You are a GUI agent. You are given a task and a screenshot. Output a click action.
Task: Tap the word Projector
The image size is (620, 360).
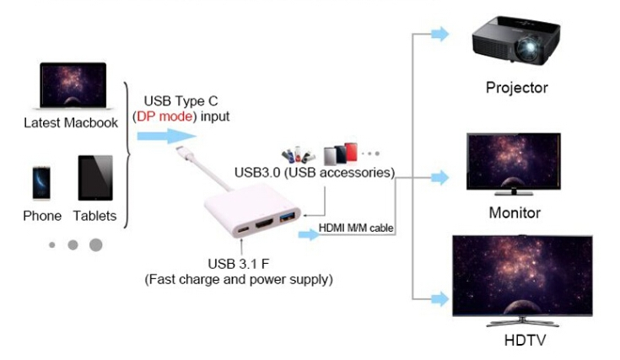click(x=516, y=87)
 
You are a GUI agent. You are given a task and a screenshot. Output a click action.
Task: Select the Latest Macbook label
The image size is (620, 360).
click(x=70, y=123)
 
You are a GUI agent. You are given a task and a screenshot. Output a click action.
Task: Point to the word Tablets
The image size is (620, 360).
click(x=94, y=216)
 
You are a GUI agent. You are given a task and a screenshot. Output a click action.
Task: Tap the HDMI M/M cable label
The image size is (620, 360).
click(x=358, y=228)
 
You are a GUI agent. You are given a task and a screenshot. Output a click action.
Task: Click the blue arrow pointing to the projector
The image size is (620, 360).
click(x=439, y=34)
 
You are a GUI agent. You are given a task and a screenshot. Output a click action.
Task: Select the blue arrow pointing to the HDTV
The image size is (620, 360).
click(x=439, y=298)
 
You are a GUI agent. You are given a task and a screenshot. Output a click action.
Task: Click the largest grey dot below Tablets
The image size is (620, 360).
click(x=95, y=244)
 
